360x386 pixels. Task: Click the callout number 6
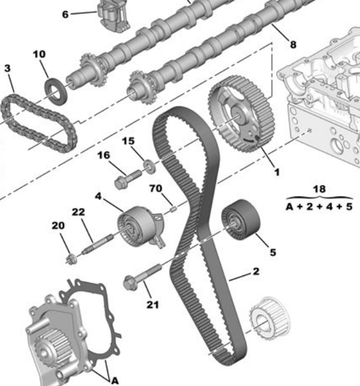click(x=64, y=14)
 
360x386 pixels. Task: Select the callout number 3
click(x=8, y=68)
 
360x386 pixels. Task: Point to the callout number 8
click(x=293, y=44)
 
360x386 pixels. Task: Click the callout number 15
click(x=129, y=141)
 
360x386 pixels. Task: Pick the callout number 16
click(x=104, y=155)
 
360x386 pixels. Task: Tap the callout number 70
click(x=154, y=188)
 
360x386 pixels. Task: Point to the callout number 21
click(x=152, y=304)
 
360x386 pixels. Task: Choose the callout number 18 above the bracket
click(x=319, y=189)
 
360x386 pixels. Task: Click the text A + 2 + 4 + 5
click(x=319, y=207)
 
